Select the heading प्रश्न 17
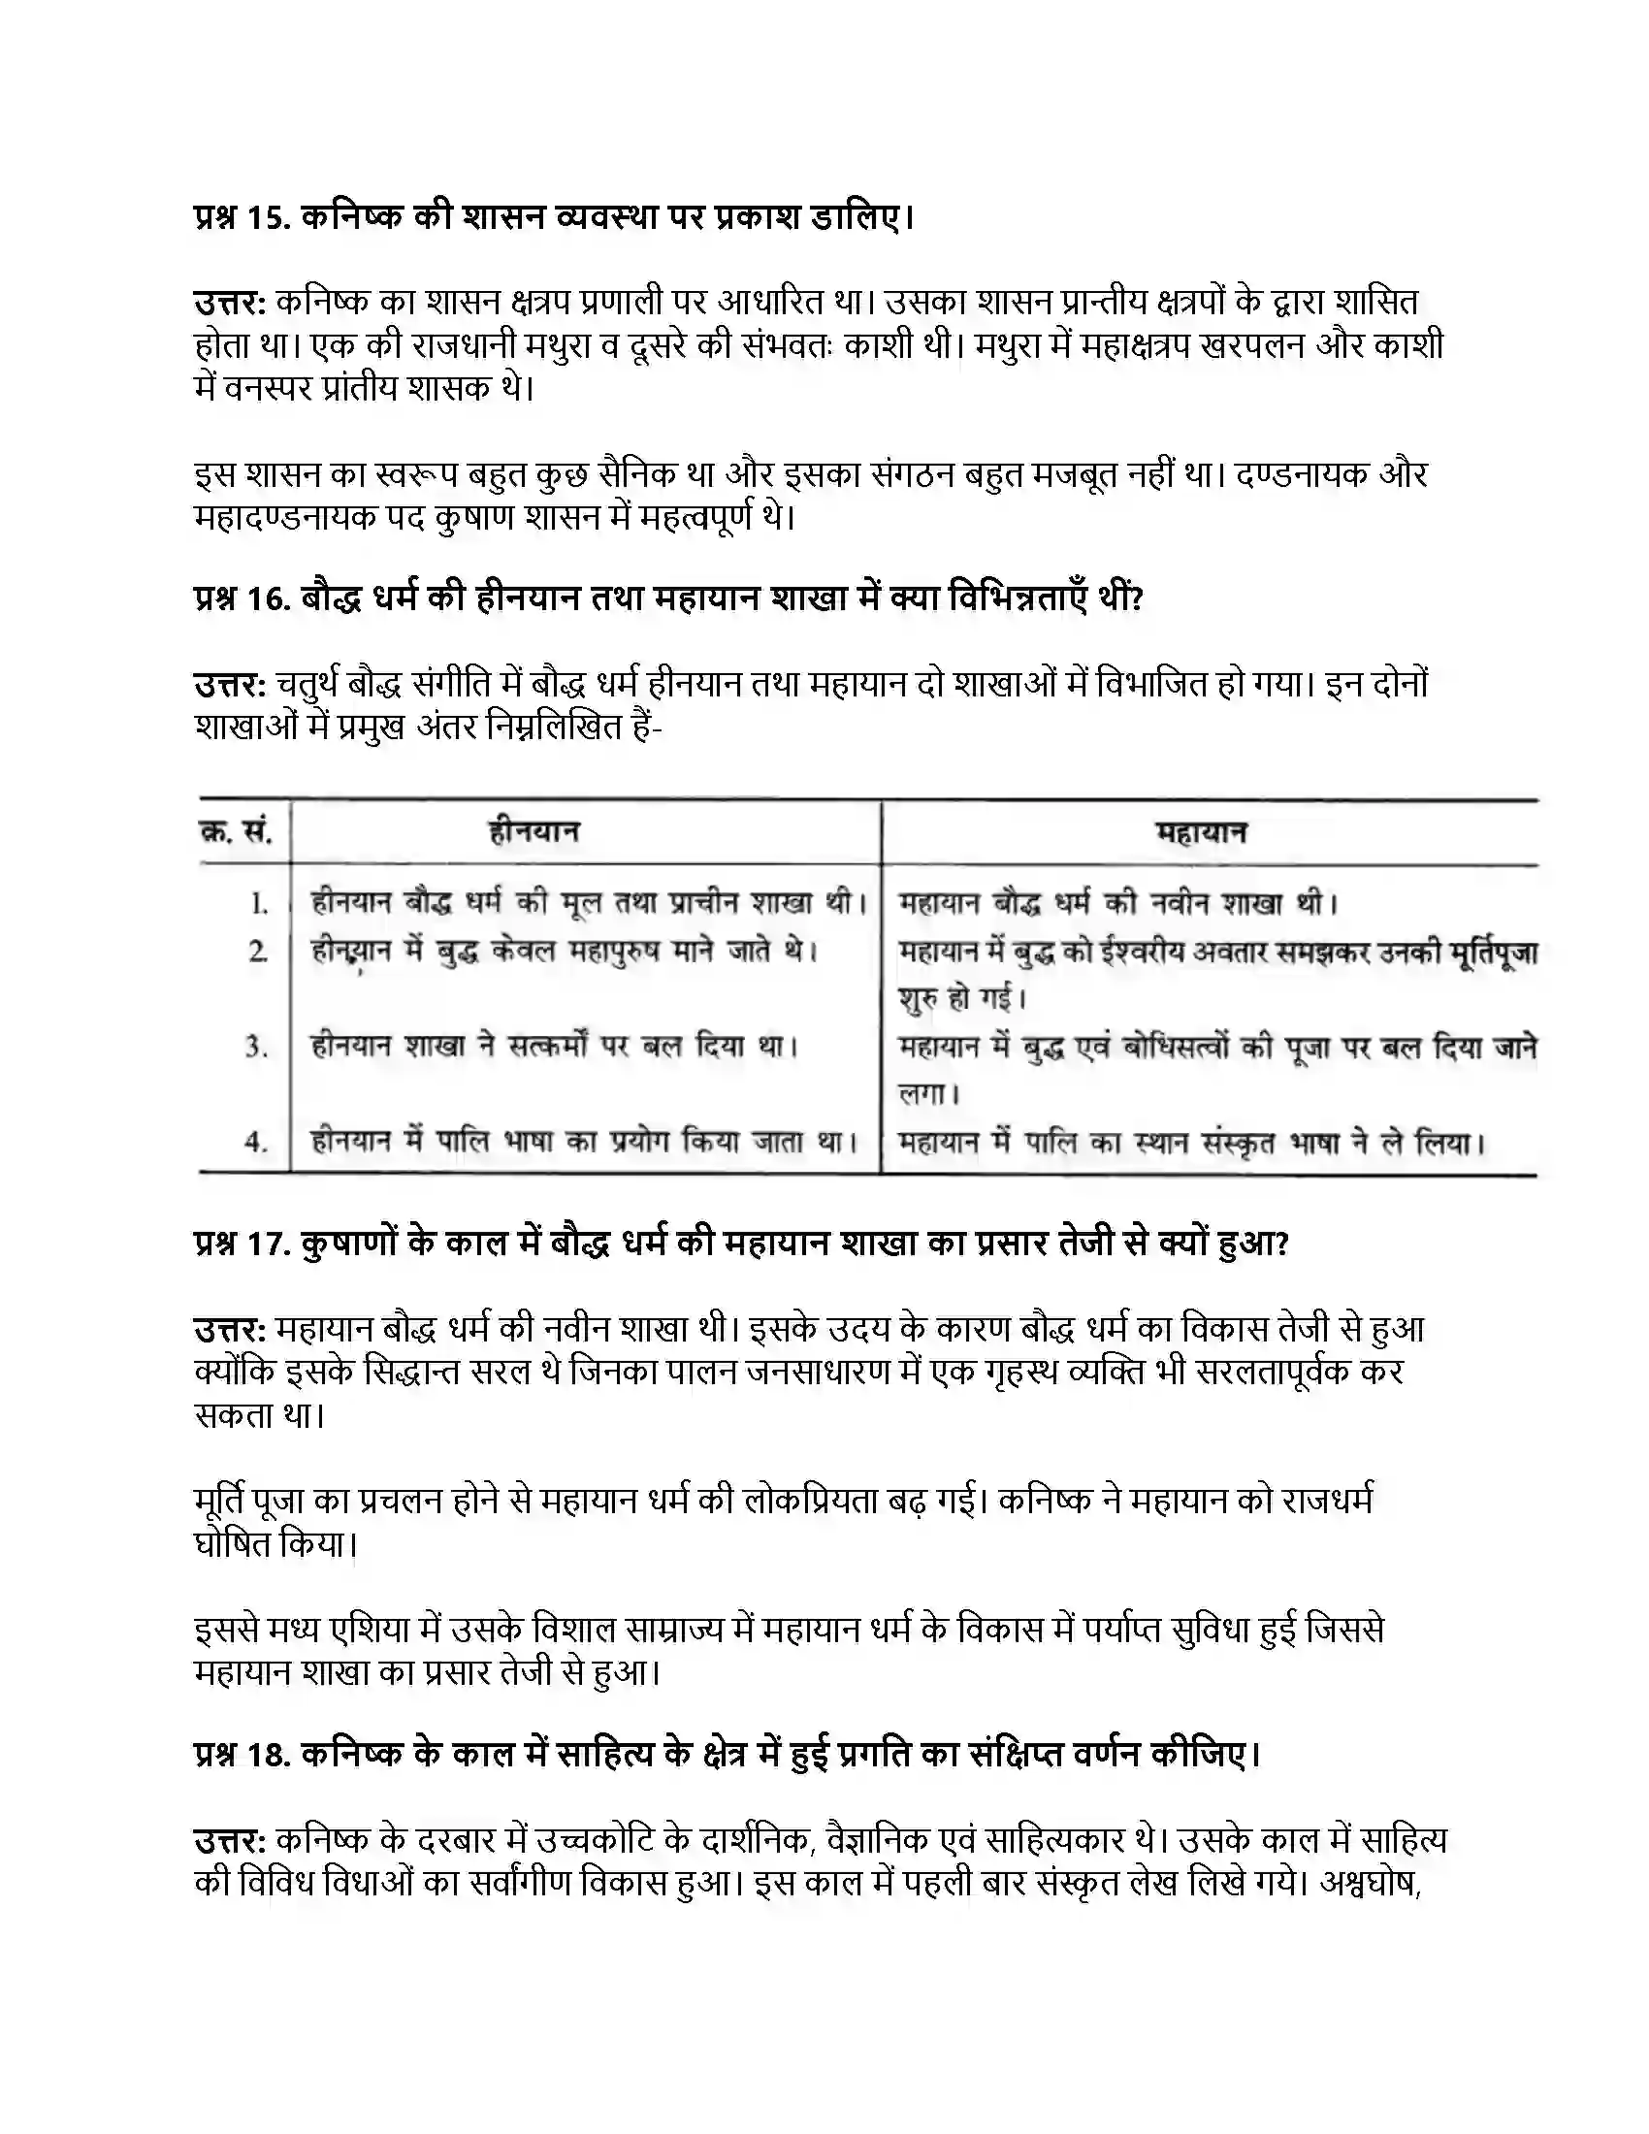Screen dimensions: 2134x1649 [x=740, y=1244]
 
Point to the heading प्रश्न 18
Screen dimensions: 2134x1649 [x=727, y=1755]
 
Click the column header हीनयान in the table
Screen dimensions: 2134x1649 [x=534, y=832]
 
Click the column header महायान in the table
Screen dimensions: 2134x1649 [x=1202, y=833]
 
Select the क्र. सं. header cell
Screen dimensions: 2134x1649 [x=237, y=832]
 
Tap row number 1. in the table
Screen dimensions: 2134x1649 [x=259, y=904]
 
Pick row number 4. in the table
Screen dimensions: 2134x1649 [x=256, y=1142]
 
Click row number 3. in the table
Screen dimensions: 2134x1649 [x=256, y=1048]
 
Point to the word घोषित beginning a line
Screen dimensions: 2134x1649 [x=232, y=1544]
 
